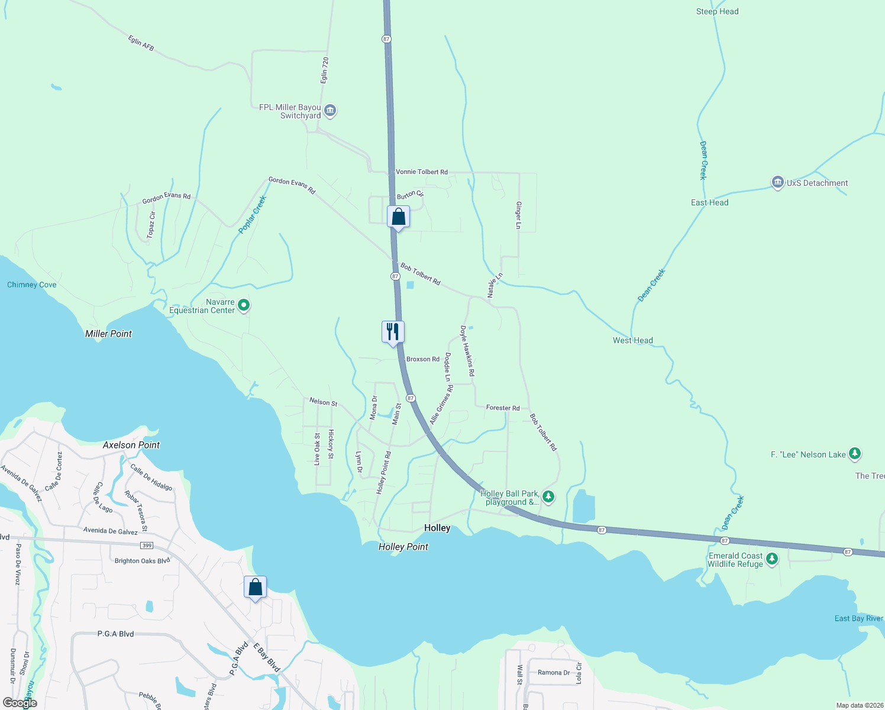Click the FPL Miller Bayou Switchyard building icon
coord(331,111)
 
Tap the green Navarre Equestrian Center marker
coord(244,305)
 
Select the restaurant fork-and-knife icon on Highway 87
coord(393,331)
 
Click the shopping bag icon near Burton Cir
coord(398,217)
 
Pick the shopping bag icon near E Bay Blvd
coord(255,588)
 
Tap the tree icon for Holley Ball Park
coord(548,496)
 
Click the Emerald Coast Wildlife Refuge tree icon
coord(771,559)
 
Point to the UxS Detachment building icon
coord(778,183)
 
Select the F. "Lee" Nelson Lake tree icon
coord(854,454)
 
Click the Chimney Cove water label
coord(32,285)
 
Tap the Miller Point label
coord(108,334)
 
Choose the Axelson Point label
coord(131,445)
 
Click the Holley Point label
coord(403,547)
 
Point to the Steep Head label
coord(717,11)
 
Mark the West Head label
coord(632,340)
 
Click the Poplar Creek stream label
coord(253,214)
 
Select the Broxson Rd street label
coord(422,359)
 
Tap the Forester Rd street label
coord(502,408)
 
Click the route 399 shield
coord(147,545)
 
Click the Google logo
coord(20,703)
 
